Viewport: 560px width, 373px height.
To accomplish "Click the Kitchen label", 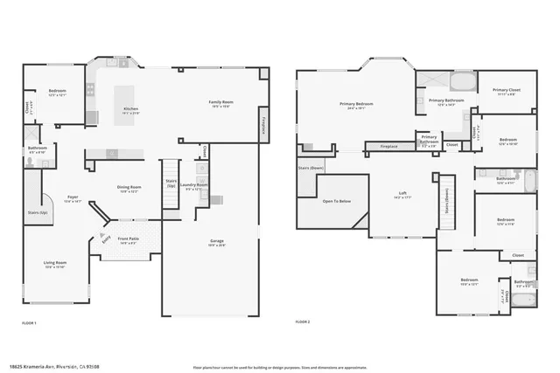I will tap(131, 110).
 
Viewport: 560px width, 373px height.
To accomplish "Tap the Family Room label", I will tap(220, 103).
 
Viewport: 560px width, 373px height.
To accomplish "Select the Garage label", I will tap(217, 242).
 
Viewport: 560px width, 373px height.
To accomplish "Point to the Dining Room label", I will tap(129, 189).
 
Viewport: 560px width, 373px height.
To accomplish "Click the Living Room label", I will tap(56, 264).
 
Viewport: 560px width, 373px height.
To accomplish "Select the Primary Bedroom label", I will tap(355, 106).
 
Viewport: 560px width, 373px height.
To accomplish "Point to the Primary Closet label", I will tap(506, 91).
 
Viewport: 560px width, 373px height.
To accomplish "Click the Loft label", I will tap(402, 197).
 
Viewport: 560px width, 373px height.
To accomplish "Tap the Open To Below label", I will tap(337, 201).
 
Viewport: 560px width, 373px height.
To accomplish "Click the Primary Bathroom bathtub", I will tap(462, 83).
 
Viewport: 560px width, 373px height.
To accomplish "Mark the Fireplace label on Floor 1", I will tap(262, 125).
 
